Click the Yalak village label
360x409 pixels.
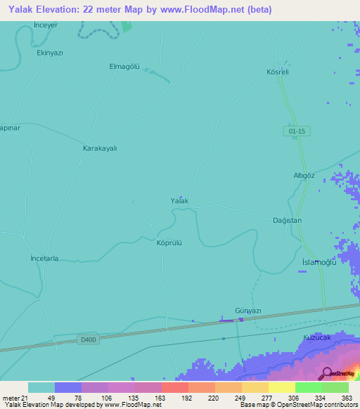pos(179,201)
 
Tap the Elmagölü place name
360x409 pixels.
pos(124,67)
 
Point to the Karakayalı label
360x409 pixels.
pos(100,148)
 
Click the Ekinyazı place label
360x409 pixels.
pos(50,53)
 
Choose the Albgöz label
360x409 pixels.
pos(303,176)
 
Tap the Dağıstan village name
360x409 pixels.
pos(287,221)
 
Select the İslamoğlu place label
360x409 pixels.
pos(319,262)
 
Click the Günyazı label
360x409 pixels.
pos(247,311)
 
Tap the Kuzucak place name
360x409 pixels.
pos(316,338)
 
